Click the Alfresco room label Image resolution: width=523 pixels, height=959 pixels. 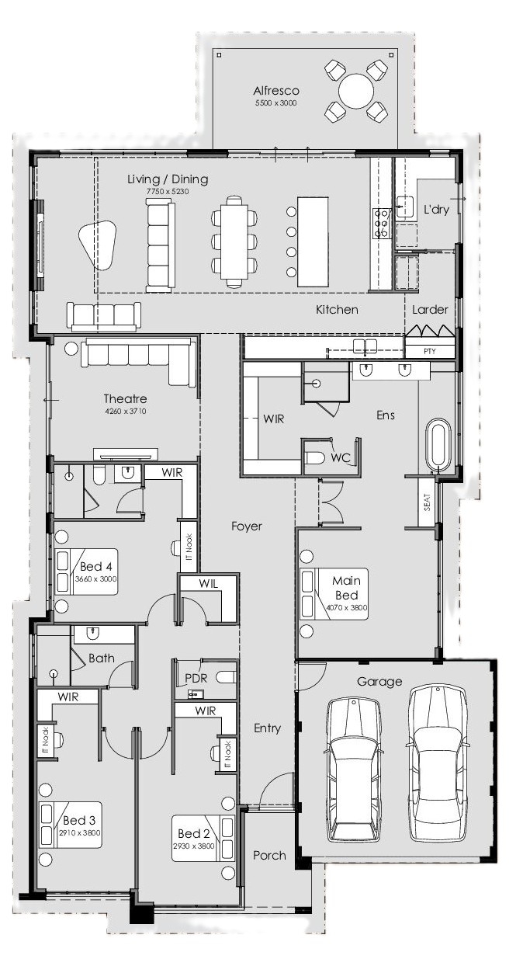[x=276, y=91]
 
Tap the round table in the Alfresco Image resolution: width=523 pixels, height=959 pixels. [x=356, y=91]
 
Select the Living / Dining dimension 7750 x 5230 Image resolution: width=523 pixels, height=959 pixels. [x=168, y=191]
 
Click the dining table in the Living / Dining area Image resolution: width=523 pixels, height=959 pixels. [x=235, y=242]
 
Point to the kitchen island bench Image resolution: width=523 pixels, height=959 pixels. [x=313, y=242]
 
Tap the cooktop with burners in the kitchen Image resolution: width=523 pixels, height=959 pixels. [x=381, y=223]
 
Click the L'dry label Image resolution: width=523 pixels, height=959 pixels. [x=436, y=210]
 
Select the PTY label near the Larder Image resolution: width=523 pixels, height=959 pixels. [x=430, y=351]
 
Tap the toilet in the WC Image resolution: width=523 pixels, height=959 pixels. [x=314, y=458]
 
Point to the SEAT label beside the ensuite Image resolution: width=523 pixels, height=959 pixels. [x=427, y=502]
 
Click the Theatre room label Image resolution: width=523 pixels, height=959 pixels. [x=126, y=398]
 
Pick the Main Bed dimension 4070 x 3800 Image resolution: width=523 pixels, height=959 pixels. [x=347, y=607]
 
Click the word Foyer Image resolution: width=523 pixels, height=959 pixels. [x=247, y=526]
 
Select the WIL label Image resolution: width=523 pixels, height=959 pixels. [x=209, y=583]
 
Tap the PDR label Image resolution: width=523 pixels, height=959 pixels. [x=196, y=678]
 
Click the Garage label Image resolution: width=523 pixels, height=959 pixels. [x=379, y=681]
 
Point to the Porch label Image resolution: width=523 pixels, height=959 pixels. [x=269, y=856]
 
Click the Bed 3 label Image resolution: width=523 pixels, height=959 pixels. [x=79, y=820]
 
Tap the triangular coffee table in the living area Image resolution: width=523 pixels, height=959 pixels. [x=98, y=245]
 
